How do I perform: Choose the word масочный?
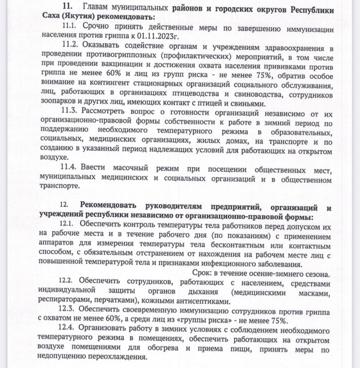(x=130, y=168)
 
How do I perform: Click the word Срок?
(x=202, y=273)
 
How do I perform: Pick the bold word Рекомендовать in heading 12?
(x=108, y=205)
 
